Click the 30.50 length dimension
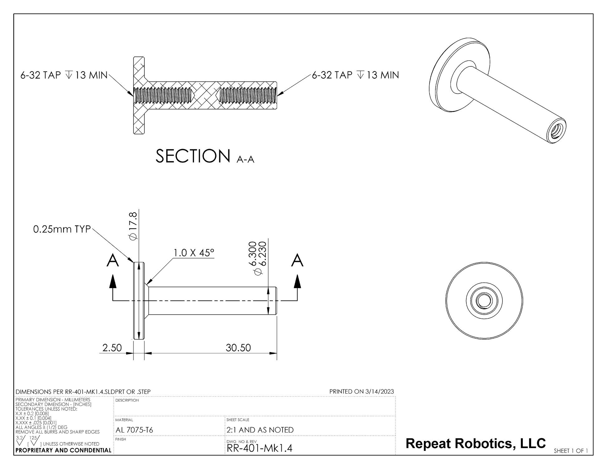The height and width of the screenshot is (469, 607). pos(238,348)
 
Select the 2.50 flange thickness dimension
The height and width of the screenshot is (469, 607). pos(112,348)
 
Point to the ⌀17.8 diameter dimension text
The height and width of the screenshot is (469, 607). pos(133,226)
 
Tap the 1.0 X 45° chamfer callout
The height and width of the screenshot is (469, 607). pos(194,253)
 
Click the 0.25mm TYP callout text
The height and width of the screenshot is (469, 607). pos(62,230)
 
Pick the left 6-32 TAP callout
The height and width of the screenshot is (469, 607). pos(64,75)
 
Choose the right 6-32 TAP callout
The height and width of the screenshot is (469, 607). pos(356,75)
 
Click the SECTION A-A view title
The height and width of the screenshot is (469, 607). pos(205,156)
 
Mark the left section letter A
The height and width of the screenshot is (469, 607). pos(113,260)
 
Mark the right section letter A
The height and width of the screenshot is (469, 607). pos(297,260)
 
